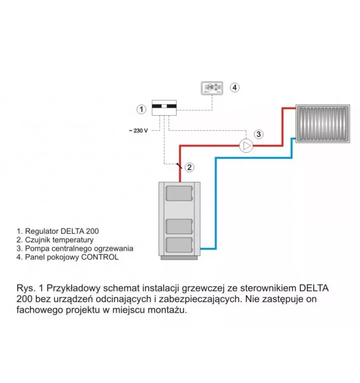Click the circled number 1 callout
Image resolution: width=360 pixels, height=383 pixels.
[x=141, y=109]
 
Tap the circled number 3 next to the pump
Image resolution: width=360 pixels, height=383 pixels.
[x=259, y=134]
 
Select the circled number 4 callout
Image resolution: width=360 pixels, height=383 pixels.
[x=234, y=87]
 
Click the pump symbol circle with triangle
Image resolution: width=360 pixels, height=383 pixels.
[x=246, y=146]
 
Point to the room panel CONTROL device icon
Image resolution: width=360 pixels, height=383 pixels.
[x=211, y=88]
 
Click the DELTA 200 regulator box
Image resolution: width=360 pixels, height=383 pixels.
[x=164, y=108]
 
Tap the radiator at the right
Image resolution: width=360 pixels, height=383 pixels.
[x=323, y=123]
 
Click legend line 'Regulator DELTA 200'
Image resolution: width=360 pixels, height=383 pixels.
[x=58, y=231]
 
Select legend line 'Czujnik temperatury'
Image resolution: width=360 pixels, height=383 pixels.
[x=55, y=240]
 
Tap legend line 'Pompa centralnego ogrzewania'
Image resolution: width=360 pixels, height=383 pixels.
[x=75, y=249]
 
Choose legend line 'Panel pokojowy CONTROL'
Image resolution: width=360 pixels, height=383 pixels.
[x=68, y=257]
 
